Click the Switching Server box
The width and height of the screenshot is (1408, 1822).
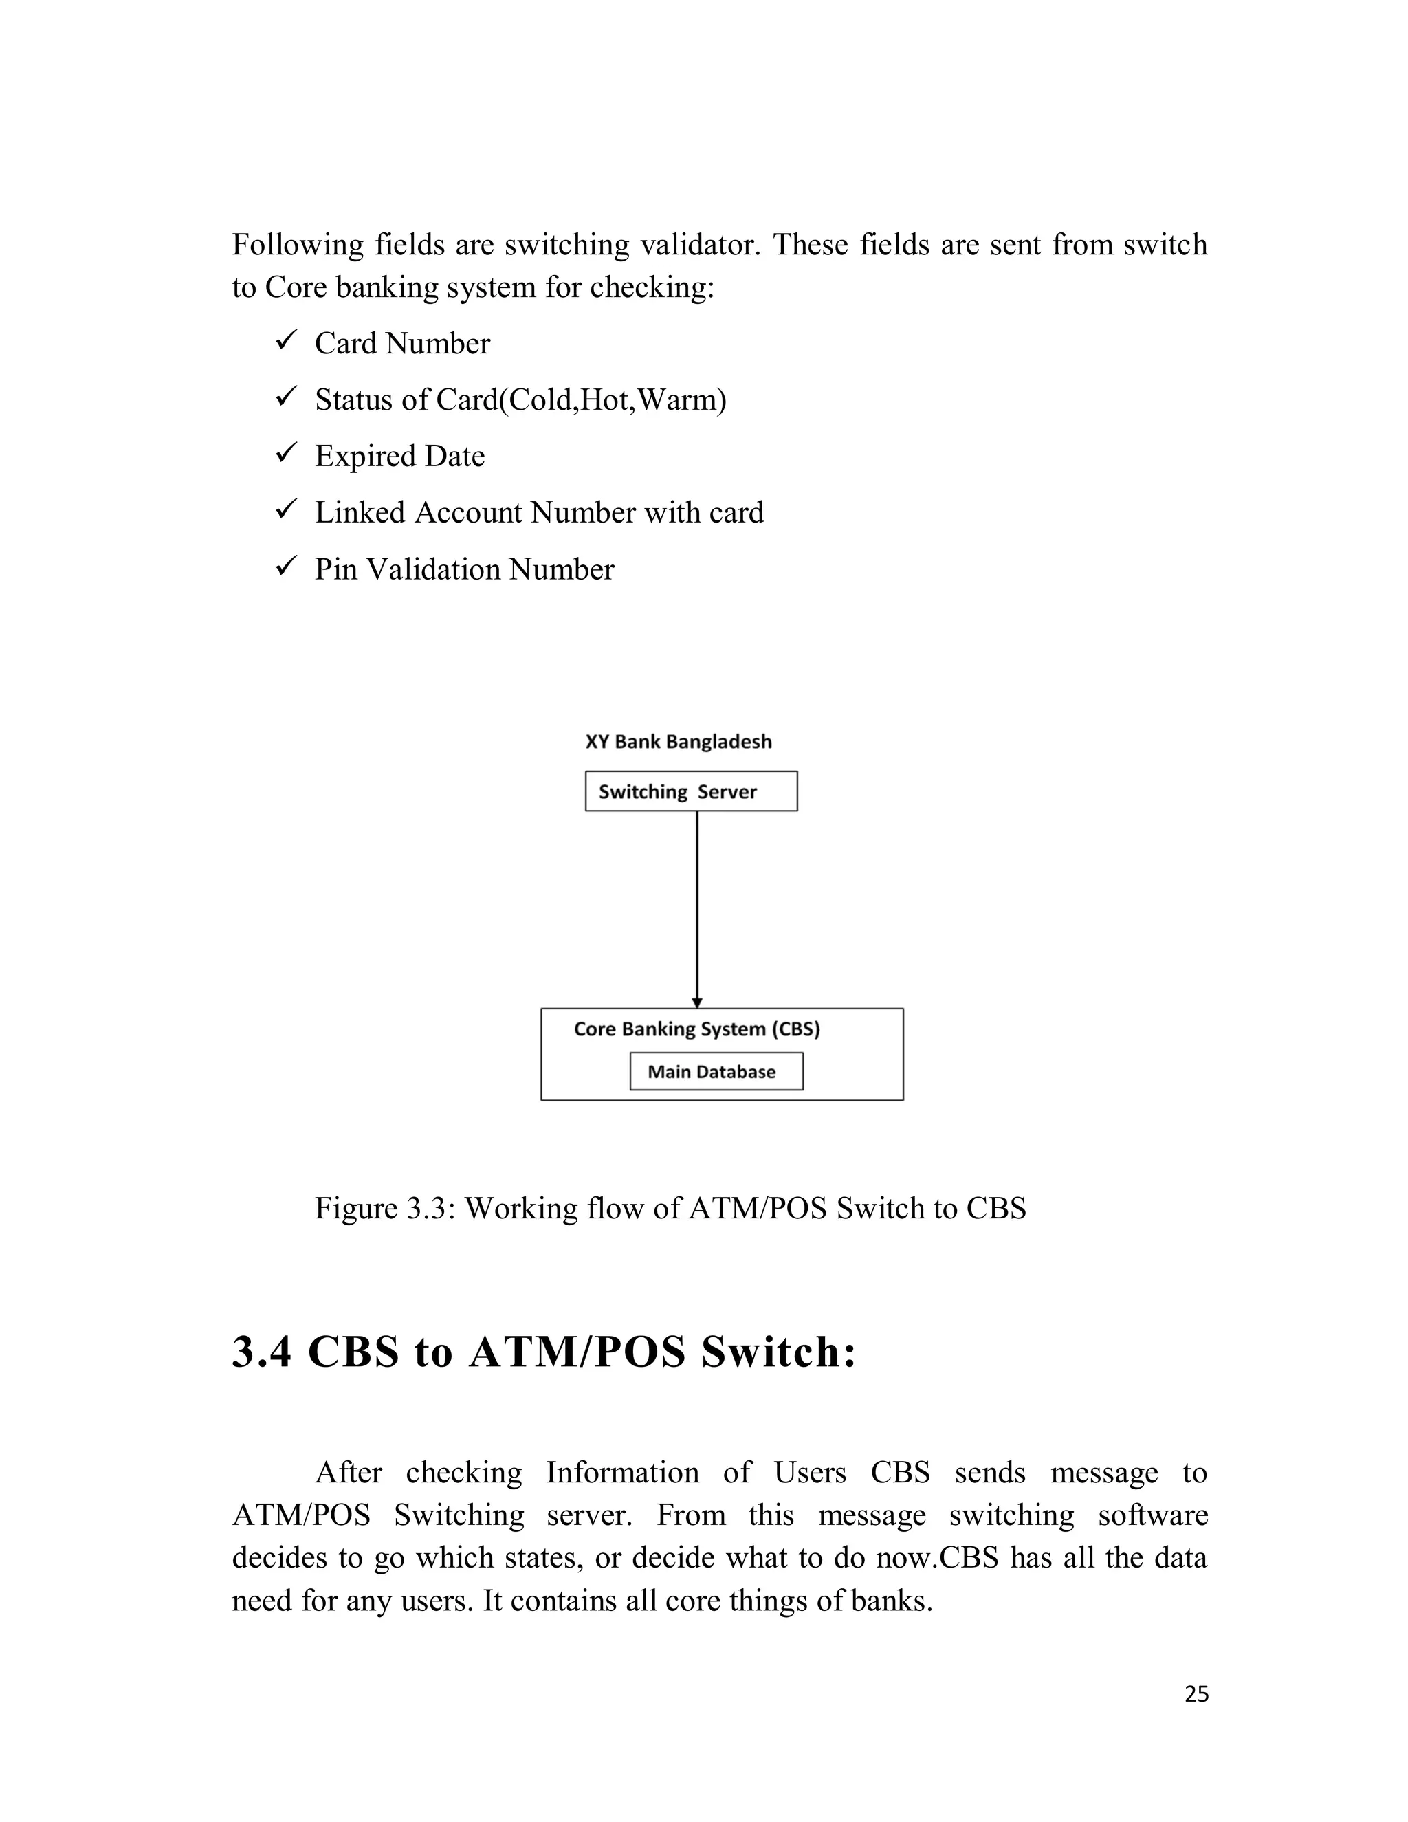coord(691,791)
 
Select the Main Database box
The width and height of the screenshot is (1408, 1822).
coord(716,1071)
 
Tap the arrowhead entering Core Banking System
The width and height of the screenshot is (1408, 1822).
coord(697,1002)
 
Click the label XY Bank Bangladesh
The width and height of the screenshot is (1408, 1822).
coord(678,742)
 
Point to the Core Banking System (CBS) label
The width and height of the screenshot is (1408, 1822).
coord(696,1029)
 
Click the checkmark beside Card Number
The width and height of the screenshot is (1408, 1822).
coord(285,341)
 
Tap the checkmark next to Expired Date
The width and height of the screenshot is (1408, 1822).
coord(285,454)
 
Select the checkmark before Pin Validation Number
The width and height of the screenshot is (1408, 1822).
coord(285,567)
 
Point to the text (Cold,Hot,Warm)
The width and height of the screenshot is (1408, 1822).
coord(613,400)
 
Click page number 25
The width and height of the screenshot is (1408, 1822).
coord(1196,1694)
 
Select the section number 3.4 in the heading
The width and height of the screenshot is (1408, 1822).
coord(261,1352)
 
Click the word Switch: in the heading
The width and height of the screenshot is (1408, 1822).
coord(778,1352)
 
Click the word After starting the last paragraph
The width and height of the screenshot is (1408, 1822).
coord(348,1473)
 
